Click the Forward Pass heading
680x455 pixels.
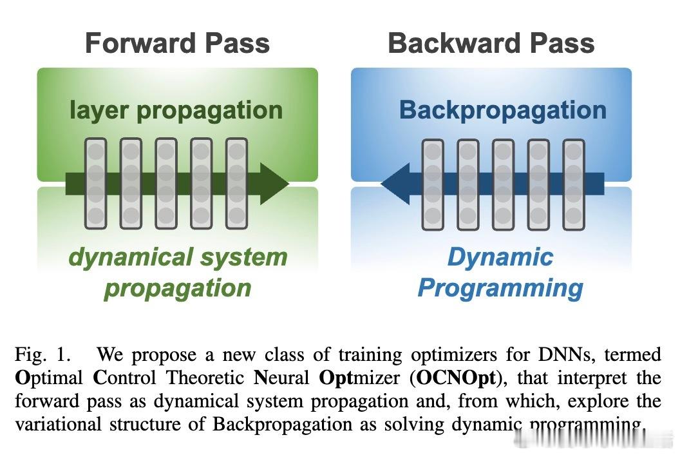point(177,43)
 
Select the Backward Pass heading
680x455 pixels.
point(491,43)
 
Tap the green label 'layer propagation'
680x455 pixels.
point(176,110)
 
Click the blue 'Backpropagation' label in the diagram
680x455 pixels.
point(502,110)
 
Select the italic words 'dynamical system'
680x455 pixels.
point(178,257)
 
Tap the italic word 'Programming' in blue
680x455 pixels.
point(500,287)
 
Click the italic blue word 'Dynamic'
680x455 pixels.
point(500,257)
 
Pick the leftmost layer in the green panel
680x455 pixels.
point(96,184)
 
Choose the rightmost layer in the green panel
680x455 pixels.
point(236,184)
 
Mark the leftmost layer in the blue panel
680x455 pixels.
point(433,185)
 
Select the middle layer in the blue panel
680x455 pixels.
point(503,185)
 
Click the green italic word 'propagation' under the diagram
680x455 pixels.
point(178,287)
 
